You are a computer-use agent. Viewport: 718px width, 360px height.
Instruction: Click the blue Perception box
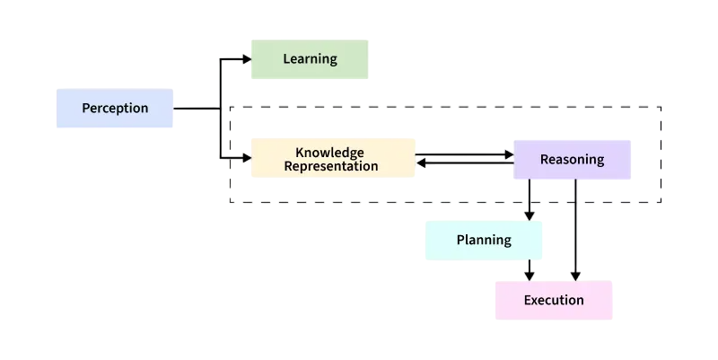115,108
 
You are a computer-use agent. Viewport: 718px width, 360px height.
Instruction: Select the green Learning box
310,59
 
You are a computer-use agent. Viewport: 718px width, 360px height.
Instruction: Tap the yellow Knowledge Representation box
333,158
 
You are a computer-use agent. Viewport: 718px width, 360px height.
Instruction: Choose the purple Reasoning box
572,160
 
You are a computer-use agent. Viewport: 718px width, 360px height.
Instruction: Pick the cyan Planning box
484,241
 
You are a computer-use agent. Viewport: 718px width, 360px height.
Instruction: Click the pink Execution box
554,300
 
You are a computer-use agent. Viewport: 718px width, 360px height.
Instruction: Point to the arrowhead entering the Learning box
247,59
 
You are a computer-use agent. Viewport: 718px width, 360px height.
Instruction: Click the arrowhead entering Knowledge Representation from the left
247,158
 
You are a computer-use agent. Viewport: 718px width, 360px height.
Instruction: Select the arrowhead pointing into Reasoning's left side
509,154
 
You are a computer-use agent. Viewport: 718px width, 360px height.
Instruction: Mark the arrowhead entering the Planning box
530,215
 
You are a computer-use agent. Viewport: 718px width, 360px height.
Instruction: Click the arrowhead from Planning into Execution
530,276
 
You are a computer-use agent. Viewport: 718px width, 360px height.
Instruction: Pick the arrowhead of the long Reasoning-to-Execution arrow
575,276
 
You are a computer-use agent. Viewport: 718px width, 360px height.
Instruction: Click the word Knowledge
329,153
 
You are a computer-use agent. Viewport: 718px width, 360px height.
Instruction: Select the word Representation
331,166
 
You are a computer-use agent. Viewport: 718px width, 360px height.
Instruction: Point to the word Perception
115,108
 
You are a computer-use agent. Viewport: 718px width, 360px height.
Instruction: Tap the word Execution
554,300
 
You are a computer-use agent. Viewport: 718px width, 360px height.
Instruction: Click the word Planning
484,241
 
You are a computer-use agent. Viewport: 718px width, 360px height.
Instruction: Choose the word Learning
310,59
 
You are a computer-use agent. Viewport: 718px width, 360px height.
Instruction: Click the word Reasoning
572,160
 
